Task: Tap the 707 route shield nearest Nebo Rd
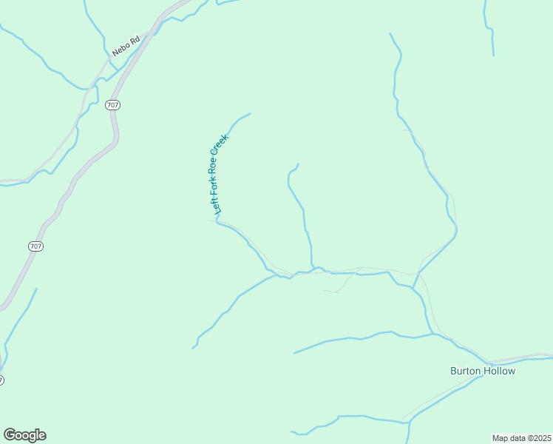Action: [x=112, y=105]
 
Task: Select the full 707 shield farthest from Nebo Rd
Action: [x=37, y=246]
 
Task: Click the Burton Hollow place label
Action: [x=483, y=371]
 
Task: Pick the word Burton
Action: [x=466, y=371]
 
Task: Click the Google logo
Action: [x=24, y=435]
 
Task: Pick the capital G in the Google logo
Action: [x=10, y=434]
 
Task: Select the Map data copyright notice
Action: [x=521, y=438]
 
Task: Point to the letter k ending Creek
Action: [x=227, y=135]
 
